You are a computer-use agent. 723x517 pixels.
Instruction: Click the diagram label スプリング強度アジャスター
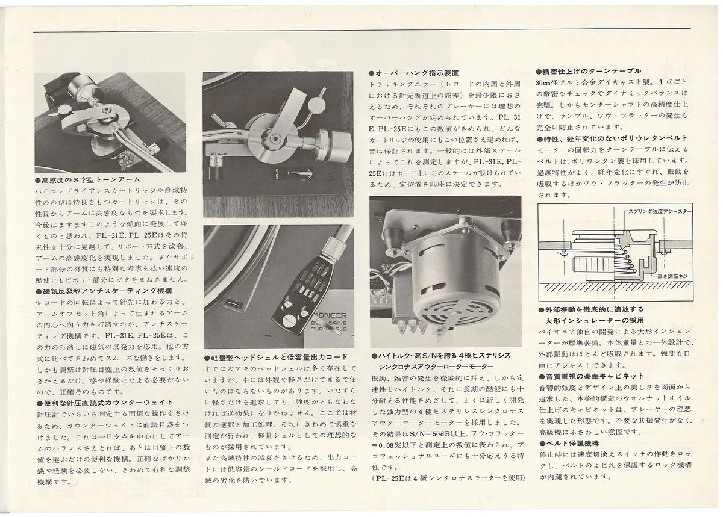pyautogui.click(x=660, y=212)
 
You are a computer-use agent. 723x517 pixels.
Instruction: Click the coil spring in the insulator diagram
pyautogui.click(x=625, y=262)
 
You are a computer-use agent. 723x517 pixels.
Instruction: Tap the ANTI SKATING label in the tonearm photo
pyautogui.click(x=218, y=155)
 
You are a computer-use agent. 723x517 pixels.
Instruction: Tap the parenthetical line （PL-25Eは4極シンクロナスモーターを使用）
pyautogui.click(x=448, y=478)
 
